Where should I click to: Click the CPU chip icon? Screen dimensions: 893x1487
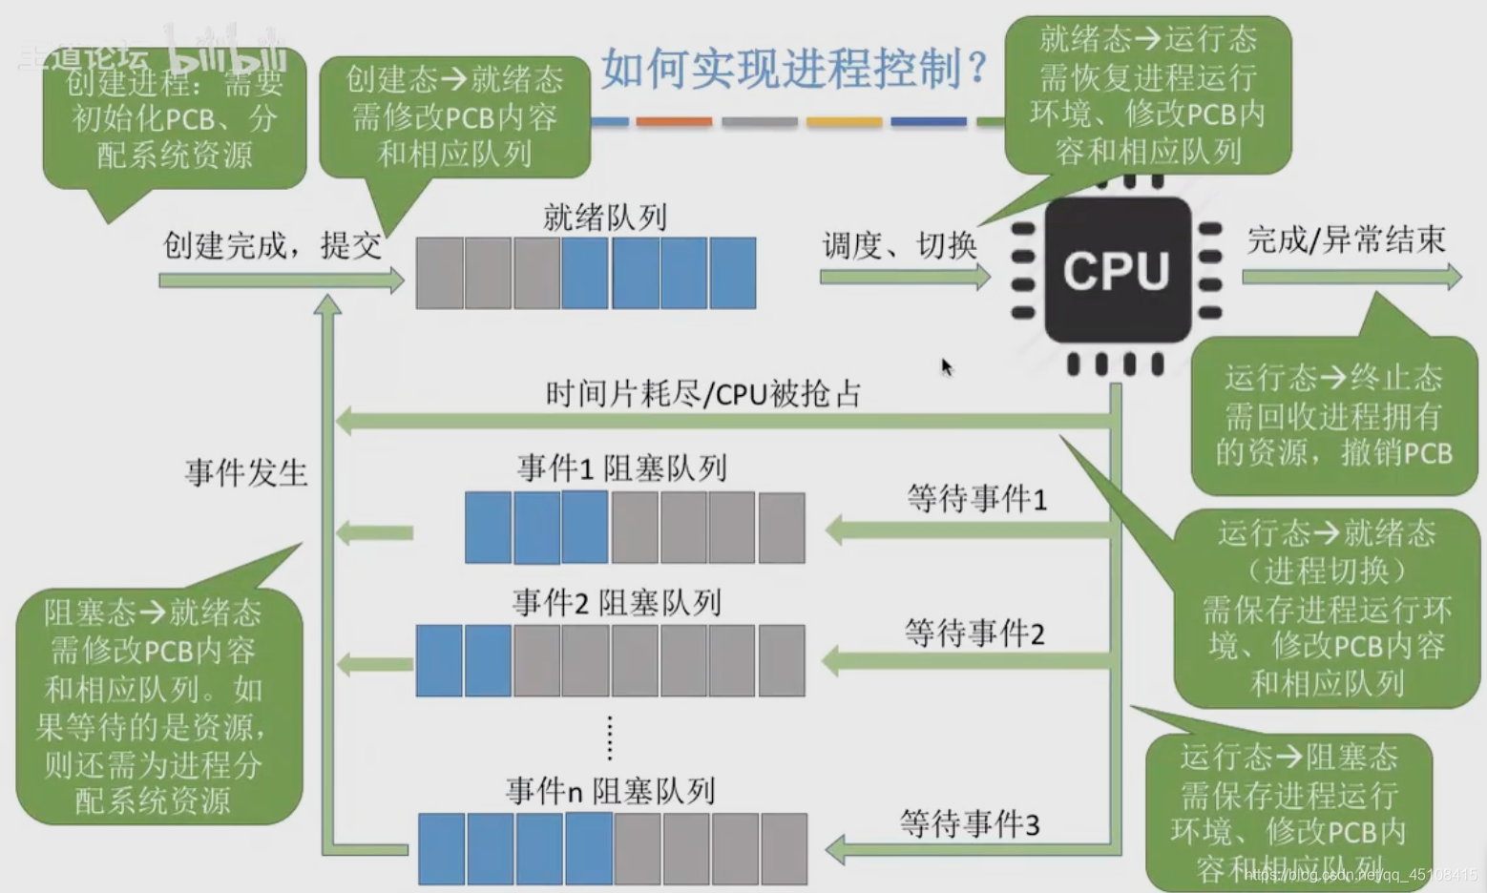1117,271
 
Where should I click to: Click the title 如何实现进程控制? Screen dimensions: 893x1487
794,69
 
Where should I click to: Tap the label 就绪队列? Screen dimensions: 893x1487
604,218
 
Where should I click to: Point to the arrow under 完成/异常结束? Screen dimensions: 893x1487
1351,278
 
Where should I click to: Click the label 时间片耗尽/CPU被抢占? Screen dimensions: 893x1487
702,393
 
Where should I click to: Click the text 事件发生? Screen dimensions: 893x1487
246,472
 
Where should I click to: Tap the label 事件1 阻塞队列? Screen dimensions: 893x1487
621,468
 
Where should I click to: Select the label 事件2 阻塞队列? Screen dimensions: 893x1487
617,603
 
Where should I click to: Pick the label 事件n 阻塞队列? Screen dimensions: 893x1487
611,791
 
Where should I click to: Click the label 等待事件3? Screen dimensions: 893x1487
969,823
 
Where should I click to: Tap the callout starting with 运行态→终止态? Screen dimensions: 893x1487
1333,416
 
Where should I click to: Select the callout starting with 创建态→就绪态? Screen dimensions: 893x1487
454,116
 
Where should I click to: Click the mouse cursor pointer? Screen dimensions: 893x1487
946,367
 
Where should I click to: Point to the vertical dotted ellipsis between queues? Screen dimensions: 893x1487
610,737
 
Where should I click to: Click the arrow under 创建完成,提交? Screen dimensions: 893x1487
282,280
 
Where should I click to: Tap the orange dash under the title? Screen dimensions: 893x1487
674,122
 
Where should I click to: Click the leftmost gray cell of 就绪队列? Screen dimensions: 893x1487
440,273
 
